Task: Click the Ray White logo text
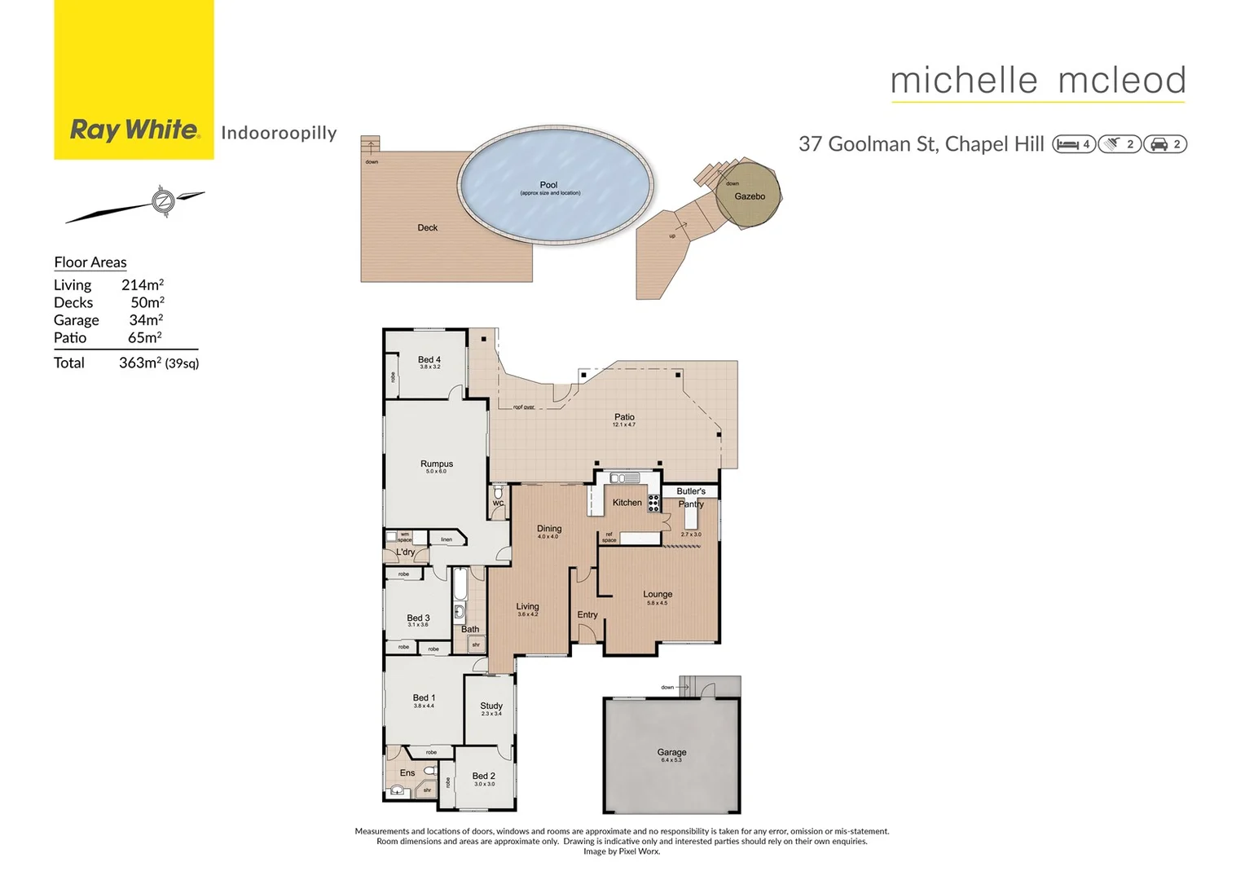(x=134, y=130)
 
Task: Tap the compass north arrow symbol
(x=164, y=200)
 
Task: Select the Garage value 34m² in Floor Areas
(x=146, y=320)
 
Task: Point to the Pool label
(x=548, y=185)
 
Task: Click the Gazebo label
(x=750, y=196)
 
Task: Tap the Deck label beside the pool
(x=428, y=228)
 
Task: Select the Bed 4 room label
(x=429, y=359)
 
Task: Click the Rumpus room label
(x=437, y=464)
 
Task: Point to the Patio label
(x=624, y=417)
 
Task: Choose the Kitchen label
(x=627, y=503)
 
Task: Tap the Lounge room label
(x=658, y=594)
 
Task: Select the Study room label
(x=491, y=706)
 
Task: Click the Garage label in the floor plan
(x=671, y=752)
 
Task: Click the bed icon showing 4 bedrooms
(x=1067, y=144)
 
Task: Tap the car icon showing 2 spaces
(x=1159, y=144)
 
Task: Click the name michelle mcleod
(x=1038, y=81)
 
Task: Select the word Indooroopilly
(x=279, y=133)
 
